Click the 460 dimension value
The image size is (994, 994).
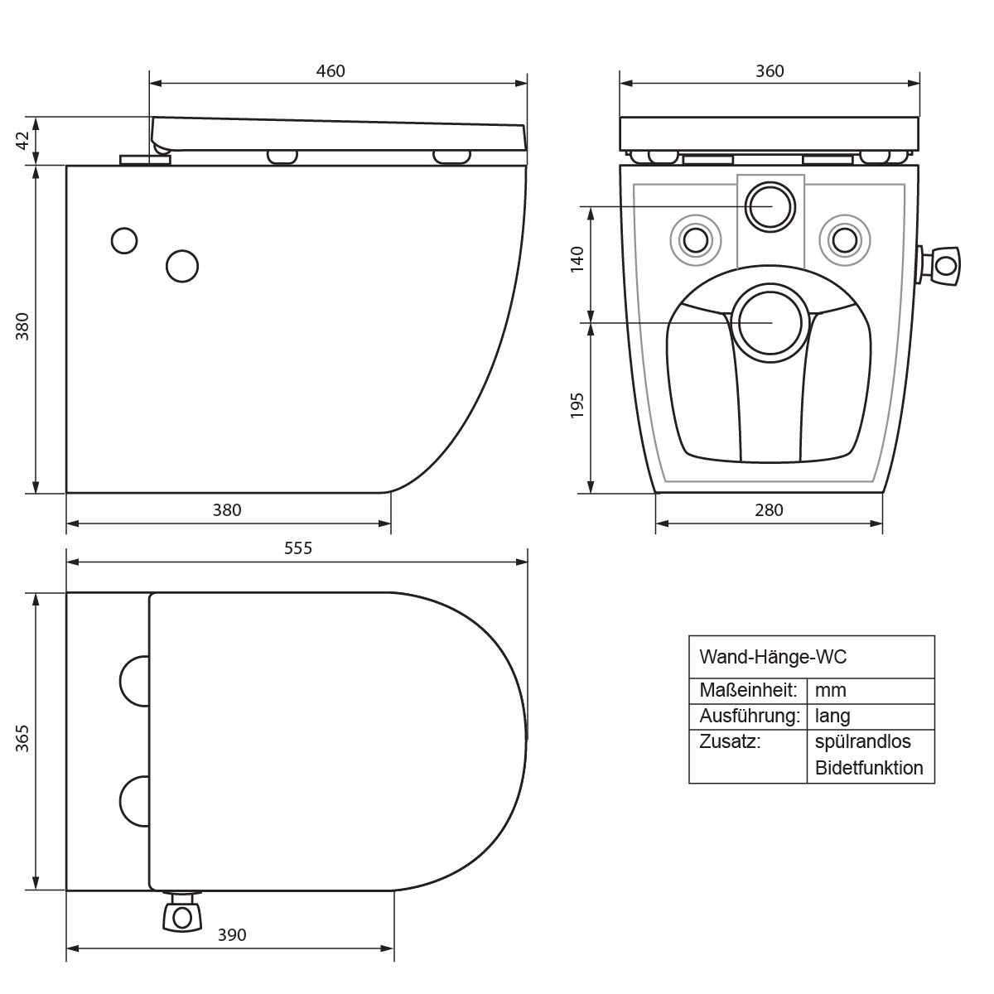tap(331, 71)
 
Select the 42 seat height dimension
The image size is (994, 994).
tap(23, 140)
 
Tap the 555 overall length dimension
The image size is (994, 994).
tap(297, 548)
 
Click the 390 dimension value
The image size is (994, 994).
tap(232, 935)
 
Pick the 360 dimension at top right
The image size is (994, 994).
tap(770, 71)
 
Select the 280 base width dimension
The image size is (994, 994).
tap(769, 510)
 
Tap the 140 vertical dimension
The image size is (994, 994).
tap(577, 259)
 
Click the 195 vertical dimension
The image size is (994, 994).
tap(577, 406)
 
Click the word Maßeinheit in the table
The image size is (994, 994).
tap(748, 690)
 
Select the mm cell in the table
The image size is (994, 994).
tap(831, 690)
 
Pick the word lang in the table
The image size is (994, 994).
tap(832, 716)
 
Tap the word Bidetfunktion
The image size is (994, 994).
tap(869, 768)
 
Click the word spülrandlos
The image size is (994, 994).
tap(862, 741)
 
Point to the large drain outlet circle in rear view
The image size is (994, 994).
tap(770, 321)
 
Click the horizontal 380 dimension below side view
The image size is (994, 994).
tap(227, 510)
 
